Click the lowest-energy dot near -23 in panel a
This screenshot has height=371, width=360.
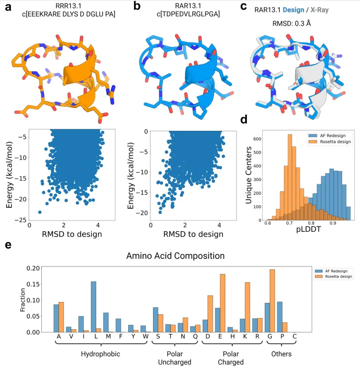pyautogui.click(x=39, y=212)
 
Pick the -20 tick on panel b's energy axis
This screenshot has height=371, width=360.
pyautogui.click(x=142, y=213)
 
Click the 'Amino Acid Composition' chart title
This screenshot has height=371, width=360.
pyautogui.click(x=175, y=256)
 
